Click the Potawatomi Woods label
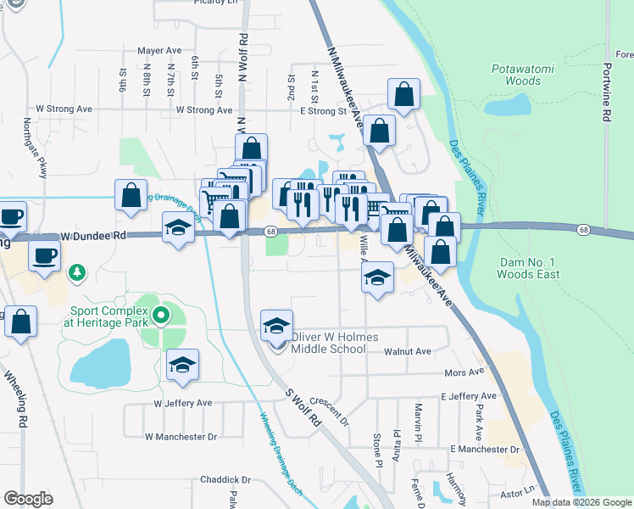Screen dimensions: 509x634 [516, 75]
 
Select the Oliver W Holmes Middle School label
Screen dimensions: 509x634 [329, 342]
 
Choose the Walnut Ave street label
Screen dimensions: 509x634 [407, 351]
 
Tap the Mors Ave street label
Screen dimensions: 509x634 [464, 372]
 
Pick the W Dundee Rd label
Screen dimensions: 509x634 [93, 237]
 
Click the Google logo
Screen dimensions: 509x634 [29, 498]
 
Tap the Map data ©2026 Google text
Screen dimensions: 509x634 [581, 502]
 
